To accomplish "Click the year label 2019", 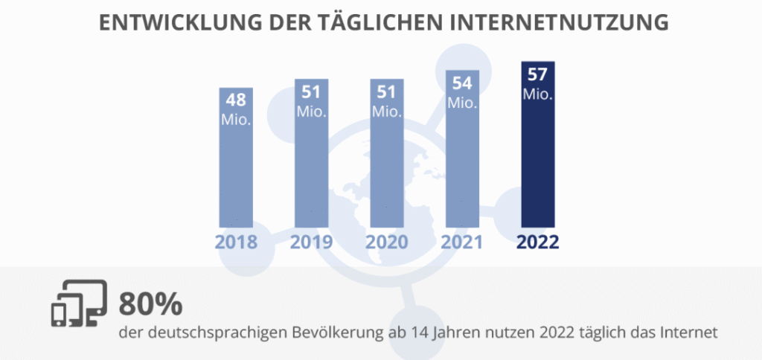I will point(312,242).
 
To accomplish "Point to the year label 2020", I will point(387,242).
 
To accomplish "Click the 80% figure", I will point(150,305).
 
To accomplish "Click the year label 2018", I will point(237,242).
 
